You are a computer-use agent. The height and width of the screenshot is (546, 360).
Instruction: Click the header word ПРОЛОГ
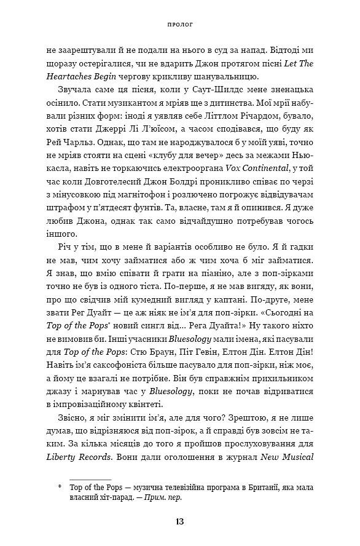[x=179, y=26]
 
